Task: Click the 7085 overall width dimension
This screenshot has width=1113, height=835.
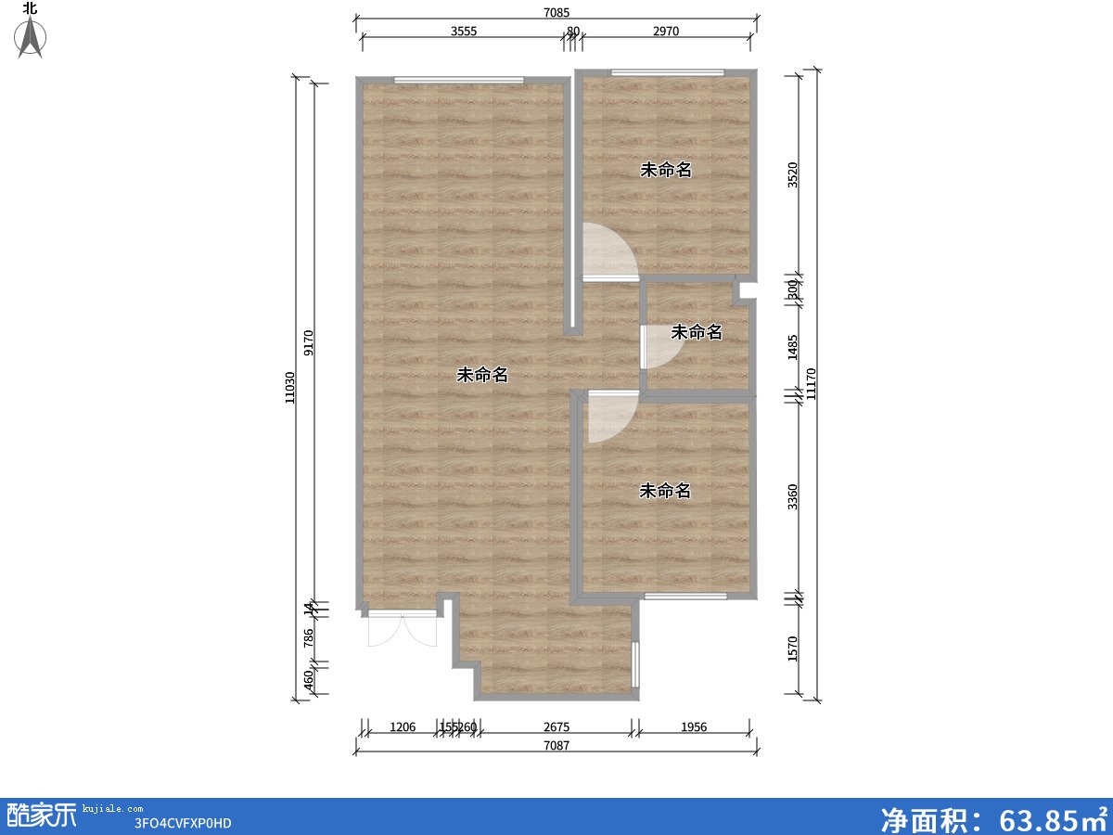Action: (x=556, y=12)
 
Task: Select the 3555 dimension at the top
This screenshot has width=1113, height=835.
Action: (x=464, y=31)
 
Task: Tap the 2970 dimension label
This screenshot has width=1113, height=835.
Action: (x=666, y=31)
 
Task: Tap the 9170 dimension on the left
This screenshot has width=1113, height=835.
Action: (x=309, y=343)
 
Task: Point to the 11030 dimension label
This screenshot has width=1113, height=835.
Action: (x=290, y=387)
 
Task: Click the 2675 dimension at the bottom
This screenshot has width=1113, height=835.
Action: (x=556, y=727)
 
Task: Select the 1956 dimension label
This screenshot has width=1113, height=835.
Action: (x=694, y=727)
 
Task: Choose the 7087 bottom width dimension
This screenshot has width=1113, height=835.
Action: (x=556, y=746)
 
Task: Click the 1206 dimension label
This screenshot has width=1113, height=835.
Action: (x=402, y=727)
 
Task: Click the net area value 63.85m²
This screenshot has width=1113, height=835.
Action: (x=993, y=817)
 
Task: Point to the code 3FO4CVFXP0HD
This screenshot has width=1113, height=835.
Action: (x=183, y=822)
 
